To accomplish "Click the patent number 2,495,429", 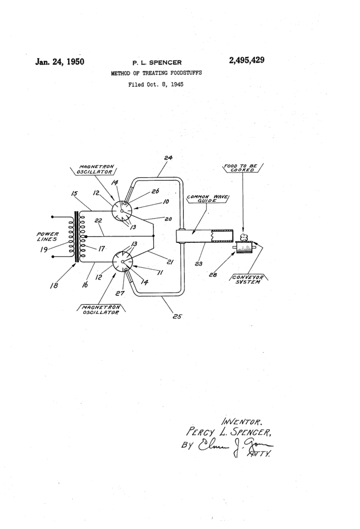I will click(x=246, y=61).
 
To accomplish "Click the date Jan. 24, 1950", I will click(x=59, y=63).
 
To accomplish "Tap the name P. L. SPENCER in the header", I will click(x=155, y=63).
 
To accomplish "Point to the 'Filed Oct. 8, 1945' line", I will click(x=155, y=84).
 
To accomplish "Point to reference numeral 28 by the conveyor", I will click(x=213, y=275).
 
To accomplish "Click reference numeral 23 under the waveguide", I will click(x=198, y=263).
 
